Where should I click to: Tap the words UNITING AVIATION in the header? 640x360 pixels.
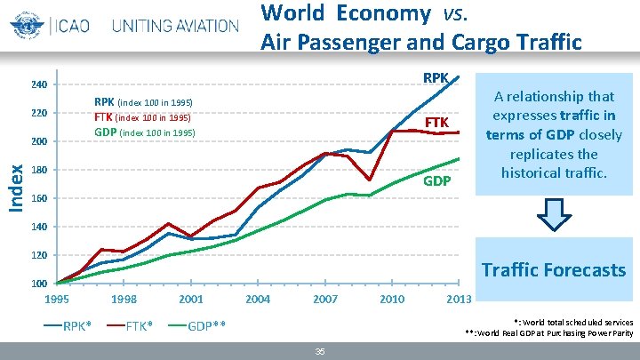click(x=174, y=25)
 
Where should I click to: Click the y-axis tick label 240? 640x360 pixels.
click(x=37, y=85)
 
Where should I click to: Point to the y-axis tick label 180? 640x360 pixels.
click(x=37, y=171)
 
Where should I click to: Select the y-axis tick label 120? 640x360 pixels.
click(x=37, y=256)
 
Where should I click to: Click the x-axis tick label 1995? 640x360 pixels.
click(x=57, y=300)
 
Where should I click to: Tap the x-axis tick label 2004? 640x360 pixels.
click(x=258, y=300)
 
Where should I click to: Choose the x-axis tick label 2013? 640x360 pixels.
click(x=458, y=300)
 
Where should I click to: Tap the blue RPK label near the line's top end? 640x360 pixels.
click(x=436, y=78)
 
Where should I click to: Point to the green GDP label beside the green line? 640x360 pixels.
click(x=436, y=181)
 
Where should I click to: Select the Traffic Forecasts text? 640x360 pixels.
click(x=553, y=269)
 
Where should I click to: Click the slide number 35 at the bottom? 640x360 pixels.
click(x=320, y=352)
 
